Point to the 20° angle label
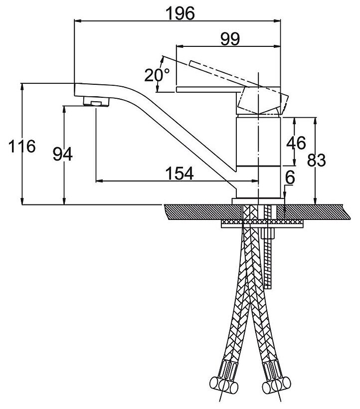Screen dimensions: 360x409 click(x=157, y=75)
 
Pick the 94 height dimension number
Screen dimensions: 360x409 click(x=63, y=155)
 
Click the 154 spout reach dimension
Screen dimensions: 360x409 click(x=178, y=173)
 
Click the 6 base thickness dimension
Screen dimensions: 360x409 click(x=291, y=177)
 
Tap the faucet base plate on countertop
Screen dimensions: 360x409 click(x=258, y=201)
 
